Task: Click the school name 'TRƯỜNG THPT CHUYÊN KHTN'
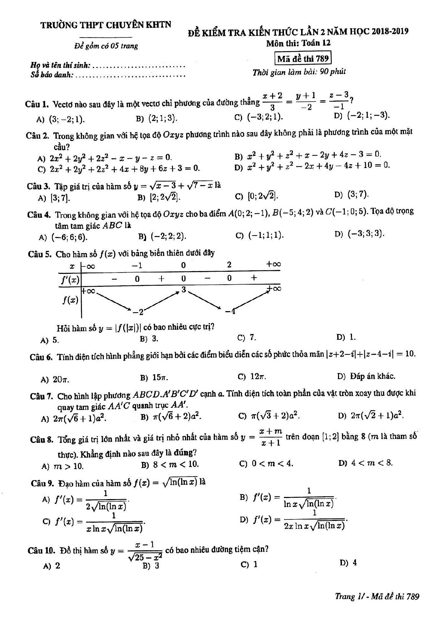(106, 25)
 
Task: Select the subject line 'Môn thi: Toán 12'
(298, 43)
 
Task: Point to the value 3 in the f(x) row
(183, 289)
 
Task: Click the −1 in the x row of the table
(137, 265)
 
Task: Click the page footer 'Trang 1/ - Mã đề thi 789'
(377, 596)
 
